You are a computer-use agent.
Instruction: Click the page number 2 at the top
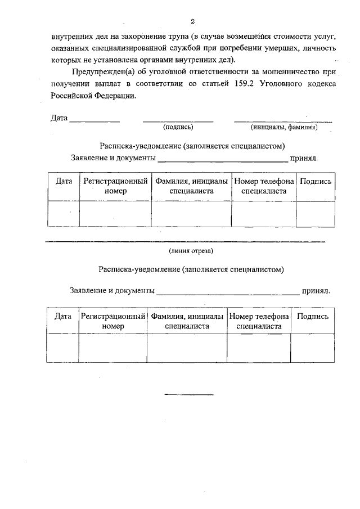tap(192, 22)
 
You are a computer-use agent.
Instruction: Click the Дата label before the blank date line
tap(59, 119)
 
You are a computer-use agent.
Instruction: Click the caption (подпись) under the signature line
tap(178, 128)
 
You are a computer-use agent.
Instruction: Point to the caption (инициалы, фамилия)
tap(284, 128)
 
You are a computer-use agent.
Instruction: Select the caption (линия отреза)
tap(191, 250)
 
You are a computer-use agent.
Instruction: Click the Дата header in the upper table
tap(64, 182)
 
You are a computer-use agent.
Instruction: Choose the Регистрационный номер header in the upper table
tap(115, 186)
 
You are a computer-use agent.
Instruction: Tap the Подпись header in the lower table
tap(312, 317)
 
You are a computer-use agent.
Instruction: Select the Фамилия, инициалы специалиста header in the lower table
tap(187, 321)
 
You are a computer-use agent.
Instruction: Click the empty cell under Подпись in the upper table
tap(316, 214)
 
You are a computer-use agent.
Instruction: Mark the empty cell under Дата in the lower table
tap(62, 348)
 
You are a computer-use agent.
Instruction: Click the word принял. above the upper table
tap(304, 158)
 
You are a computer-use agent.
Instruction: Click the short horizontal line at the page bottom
tap(182, 394)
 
